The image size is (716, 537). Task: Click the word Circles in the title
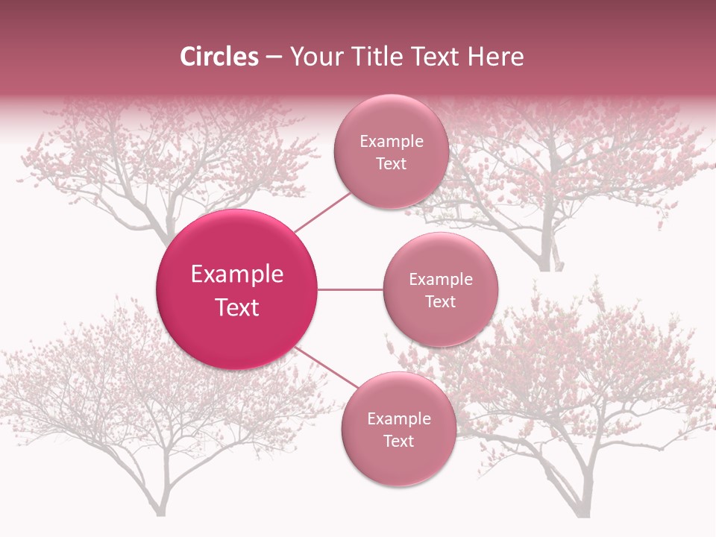pyautogui.click(x=219, y=57)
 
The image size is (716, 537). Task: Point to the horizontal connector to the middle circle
pyautogui.click(x=350, y=289)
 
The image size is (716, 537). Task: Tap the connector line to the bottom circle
pyautogui.click(x=325, y=367)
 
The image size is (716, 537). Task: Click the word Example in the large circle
pyautogui.click(x=237, y=274)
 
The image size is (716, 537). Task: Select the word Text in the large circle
pyautogui.click(x=237, y=307)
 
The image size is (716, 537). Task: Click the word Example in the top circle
pyautogui.click(x=391, y=142)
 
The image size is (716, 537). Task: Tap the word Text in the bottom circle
pyautogui.click(x=398, y=441)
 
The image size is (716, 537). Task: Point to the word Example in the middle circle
pyautogui.click(x=440, y=280)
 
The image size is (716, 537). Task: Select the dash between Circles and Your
pyautogui.click(x=274, y=57)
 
